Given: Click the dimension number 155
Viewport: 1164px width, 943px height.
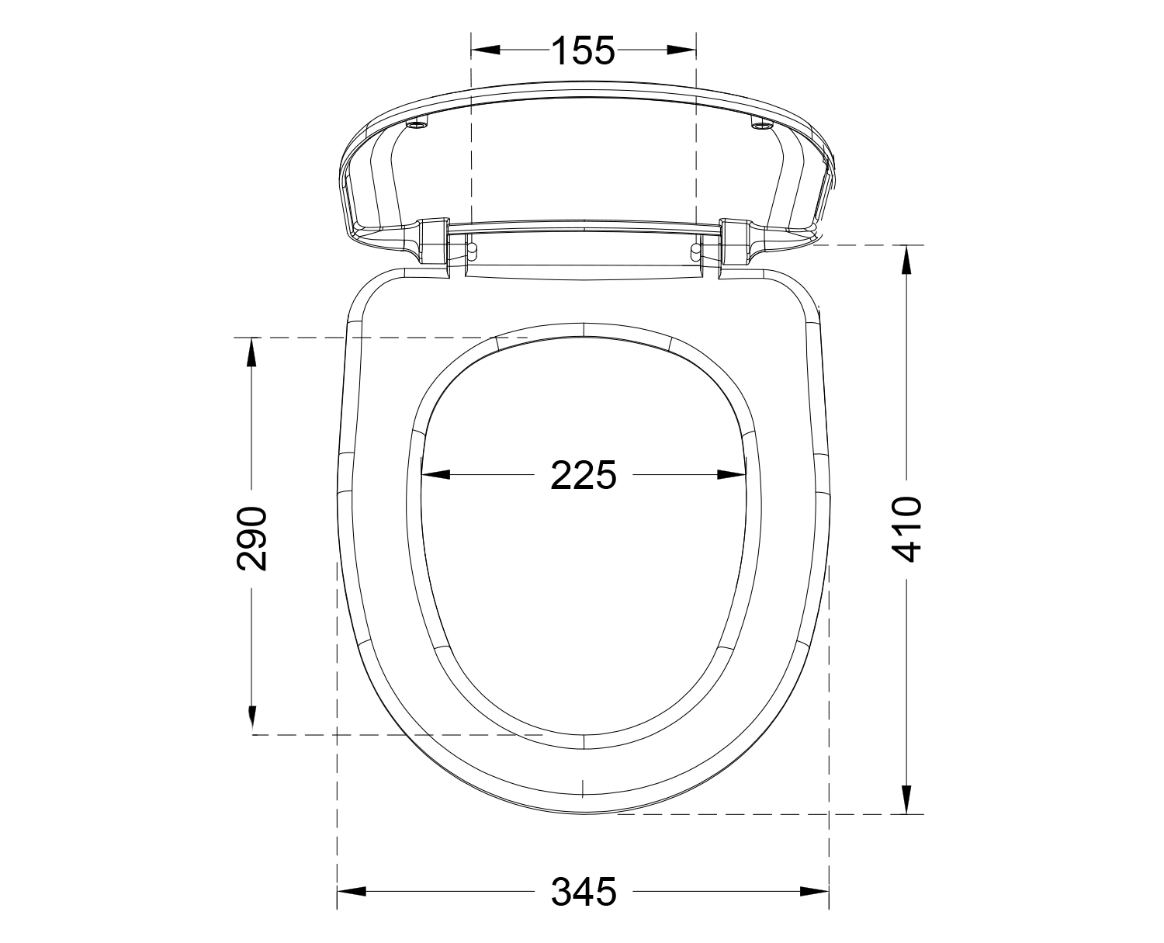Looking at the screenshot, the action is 583,50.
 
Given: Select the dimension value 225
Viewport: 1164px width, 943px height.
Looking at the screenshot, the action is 583,474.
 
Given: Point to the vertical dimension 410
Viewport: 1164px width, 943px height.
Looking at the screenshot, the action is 906,529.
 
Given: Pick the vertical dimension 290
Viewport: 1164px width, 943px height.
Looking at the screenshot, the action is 251,538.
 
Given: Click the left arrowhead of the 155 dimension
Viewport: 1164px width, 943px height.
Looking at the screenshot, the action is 485,50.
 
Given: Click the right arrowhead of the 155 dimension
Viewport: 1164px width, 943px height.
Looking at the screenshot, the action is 681,50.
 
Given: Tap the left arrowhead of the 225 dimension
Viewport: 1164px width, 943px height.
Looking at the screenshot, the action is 435,474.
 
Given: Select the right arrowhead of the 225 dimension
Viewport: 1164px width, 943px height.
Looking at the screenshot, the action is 731,474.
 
